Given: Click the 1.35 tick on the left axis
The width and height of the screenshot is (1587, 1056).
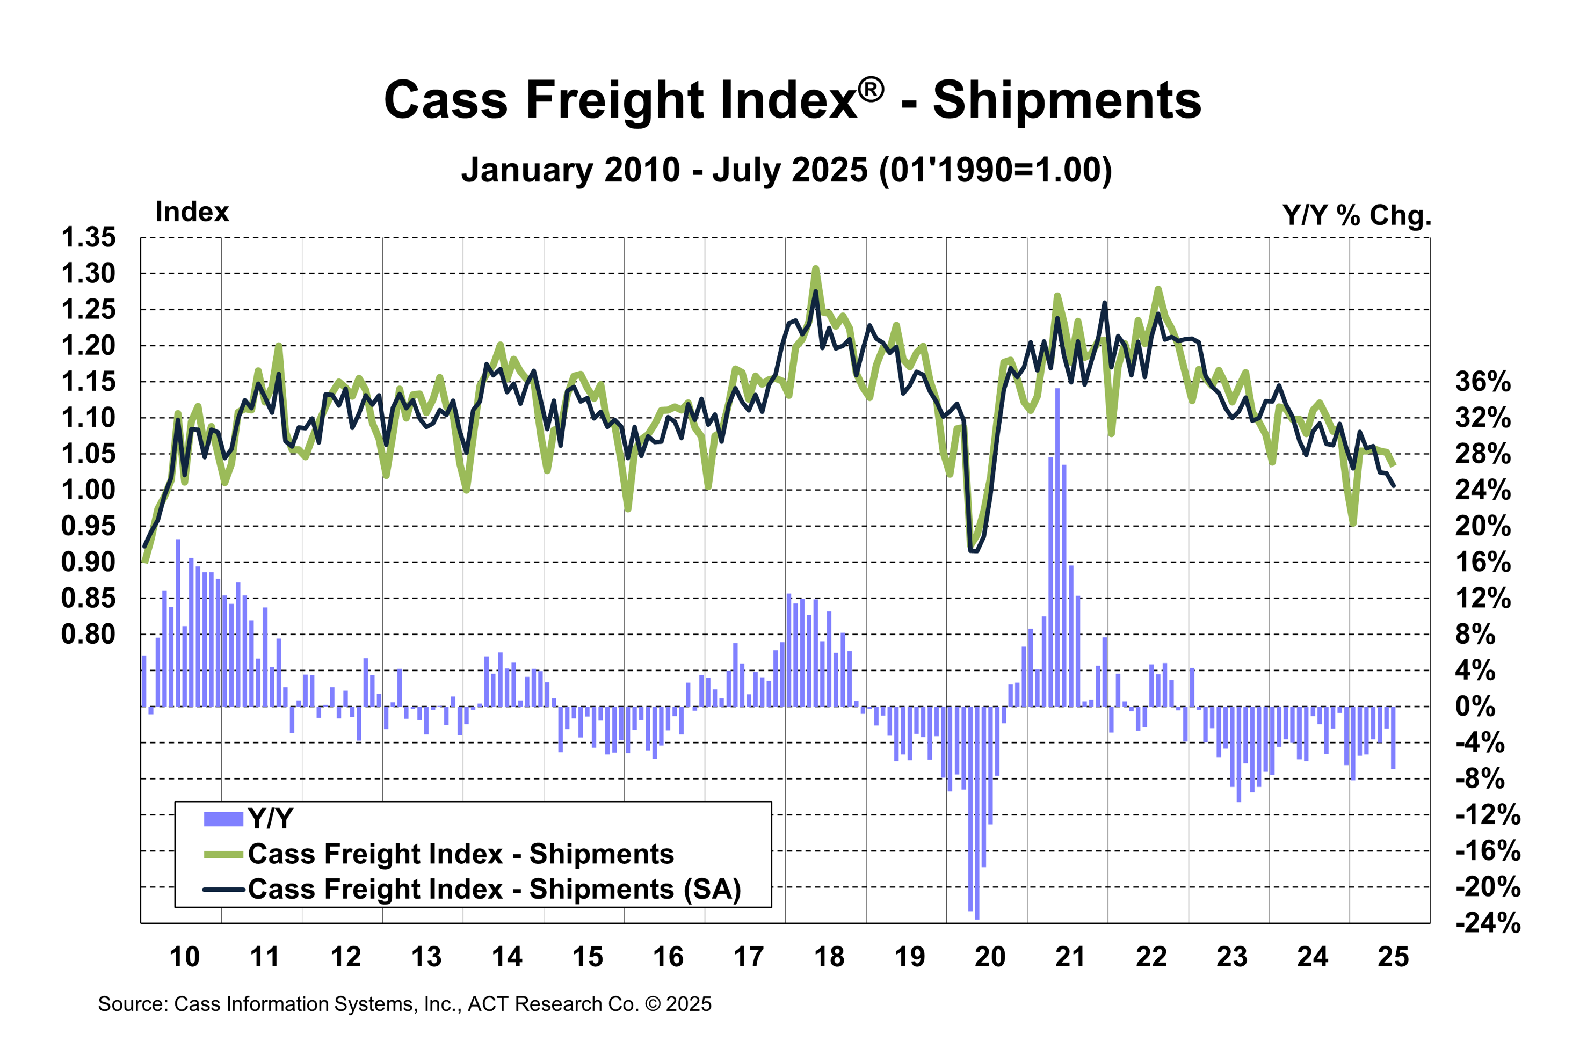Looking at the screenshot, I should [88, 237].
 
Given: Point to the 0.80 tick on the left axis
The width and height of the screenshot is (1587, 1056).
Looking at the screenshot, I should [88, 633].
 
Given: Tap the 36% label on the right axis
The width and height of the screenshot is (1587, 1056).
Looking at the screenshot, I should [1483, 382].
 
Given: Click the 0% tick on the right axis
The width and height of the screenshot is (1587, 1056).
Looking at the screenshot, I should [1475, 707].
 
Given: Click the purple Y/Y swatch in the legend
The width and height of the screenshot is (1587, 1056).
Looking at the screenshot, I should [223, 819].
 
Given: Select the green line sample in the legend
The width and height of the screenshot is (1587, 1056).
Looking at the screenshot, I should [223, 855].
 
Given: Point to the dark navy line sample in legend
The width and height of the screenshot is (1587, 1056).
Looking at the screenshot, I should [223, 890].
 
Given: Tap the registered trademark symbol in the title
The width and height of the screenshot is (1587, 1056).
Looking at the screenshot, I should [872, 90].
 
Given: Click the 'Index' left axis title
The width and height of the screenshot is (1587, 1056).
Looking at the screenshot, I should [192, 212].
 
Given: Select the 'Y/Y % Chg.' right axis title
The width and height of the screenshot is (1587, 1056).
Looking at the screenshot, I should [1357, 215].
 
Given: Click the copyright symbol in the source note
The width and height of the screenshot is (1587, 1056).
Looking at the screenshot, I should [652, 1004].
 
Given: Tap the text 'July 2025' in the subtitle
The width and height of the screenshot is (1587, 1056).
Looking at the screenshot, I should [790, 170].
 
